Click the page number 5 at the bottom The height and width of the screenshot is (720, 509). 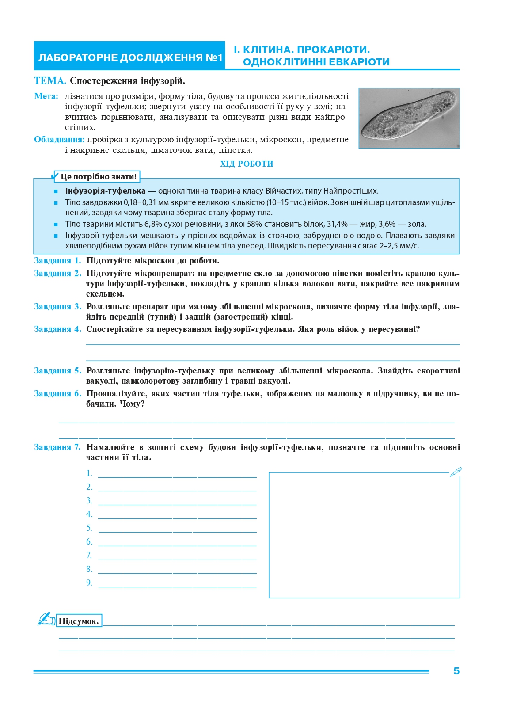click(456, 671)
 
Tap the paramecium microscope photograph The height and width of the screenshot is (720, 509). click(409, 118)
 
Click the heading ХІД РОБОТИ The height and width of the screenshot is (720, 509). click(247, 164)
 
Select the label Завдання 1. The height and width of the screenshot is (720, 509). click(57, 261)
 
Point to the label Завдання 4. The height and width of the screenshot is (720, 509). click(57, 329)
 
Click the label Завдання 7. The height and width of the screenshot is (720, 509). click(57, 447)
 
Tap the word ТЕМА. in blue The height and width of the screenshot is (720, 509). click(50, 81)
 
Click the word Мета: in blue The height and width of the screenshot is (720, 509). click(46, 96)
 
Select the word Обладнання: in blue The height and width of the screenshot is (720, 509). click(59, 140)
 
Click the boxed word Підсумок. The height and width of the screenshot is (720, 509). click(79, 621)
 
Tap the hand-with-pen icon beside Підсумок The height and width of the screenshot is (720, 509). click(46, 619)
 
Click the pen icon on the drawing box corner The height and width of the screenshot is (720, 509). click(456, 472)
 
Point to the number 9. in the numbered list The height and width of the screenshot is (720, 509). click(89, 583)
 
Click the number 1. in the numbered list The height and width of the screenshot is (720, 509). click(89, 473)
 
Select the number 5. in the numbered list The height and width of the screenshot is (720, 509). click(89, 528)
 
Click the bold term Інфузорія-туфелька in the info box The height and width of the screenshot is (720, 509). click(105, 191)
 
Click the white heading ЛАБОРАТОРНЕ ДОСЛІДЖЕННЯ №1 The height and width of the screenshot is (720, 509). click(130, 58)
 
